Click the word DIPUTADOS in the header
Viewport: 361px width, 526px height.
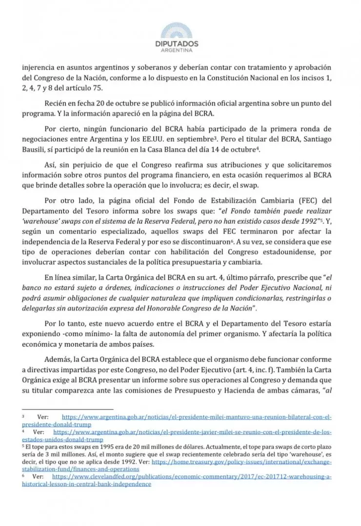[x=180, y=44]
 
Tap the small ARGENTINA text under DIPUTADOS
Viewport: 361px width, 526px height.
[x=180, y=51]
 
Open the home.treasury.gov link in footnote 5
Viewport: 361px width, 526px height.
[x=242, y=461]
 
